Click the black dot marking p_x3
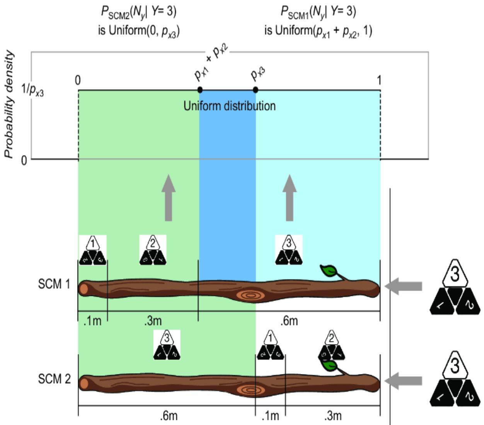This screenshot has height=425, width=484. [255, 90]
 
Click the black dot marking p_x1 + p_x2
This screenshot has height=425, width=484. [200, 90]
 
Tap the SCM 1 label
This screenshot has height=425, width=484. [55, 284]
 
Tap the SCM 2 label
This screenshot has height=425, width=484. [55, 379]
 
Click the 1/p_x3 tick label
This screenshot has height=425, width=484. [32, 90]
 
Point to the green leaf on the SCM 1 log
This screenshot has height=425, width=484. [329, 270]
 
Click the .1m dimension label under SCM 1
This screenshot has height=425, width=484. [92, 321]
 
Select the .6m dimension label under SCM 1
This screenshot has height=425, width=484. [288, 321]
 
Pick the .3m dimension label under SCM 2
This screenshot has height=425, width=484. [332, 416]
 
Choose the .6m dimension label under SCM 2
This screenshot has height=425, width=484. [169, 416]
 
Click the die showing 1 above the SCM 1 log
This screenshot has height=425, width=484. [93, 250]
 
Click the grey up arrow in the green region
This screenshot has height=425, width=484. [168, 197]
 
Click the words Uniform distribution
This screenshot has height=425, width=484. [229, 106]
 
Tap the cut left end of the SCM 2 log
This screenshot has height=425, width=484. [84, 383]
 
